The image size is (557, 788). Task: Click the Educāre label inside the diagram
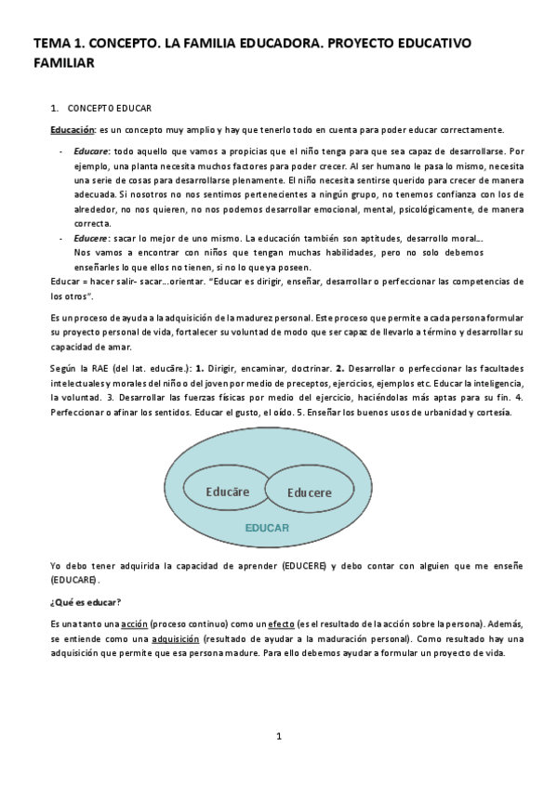[x=227, y=490]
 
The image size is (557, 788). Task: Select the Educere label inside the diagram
[x=309, y=492]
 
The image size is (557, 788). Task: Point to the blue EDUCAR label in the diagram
[x=267, y=527]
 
